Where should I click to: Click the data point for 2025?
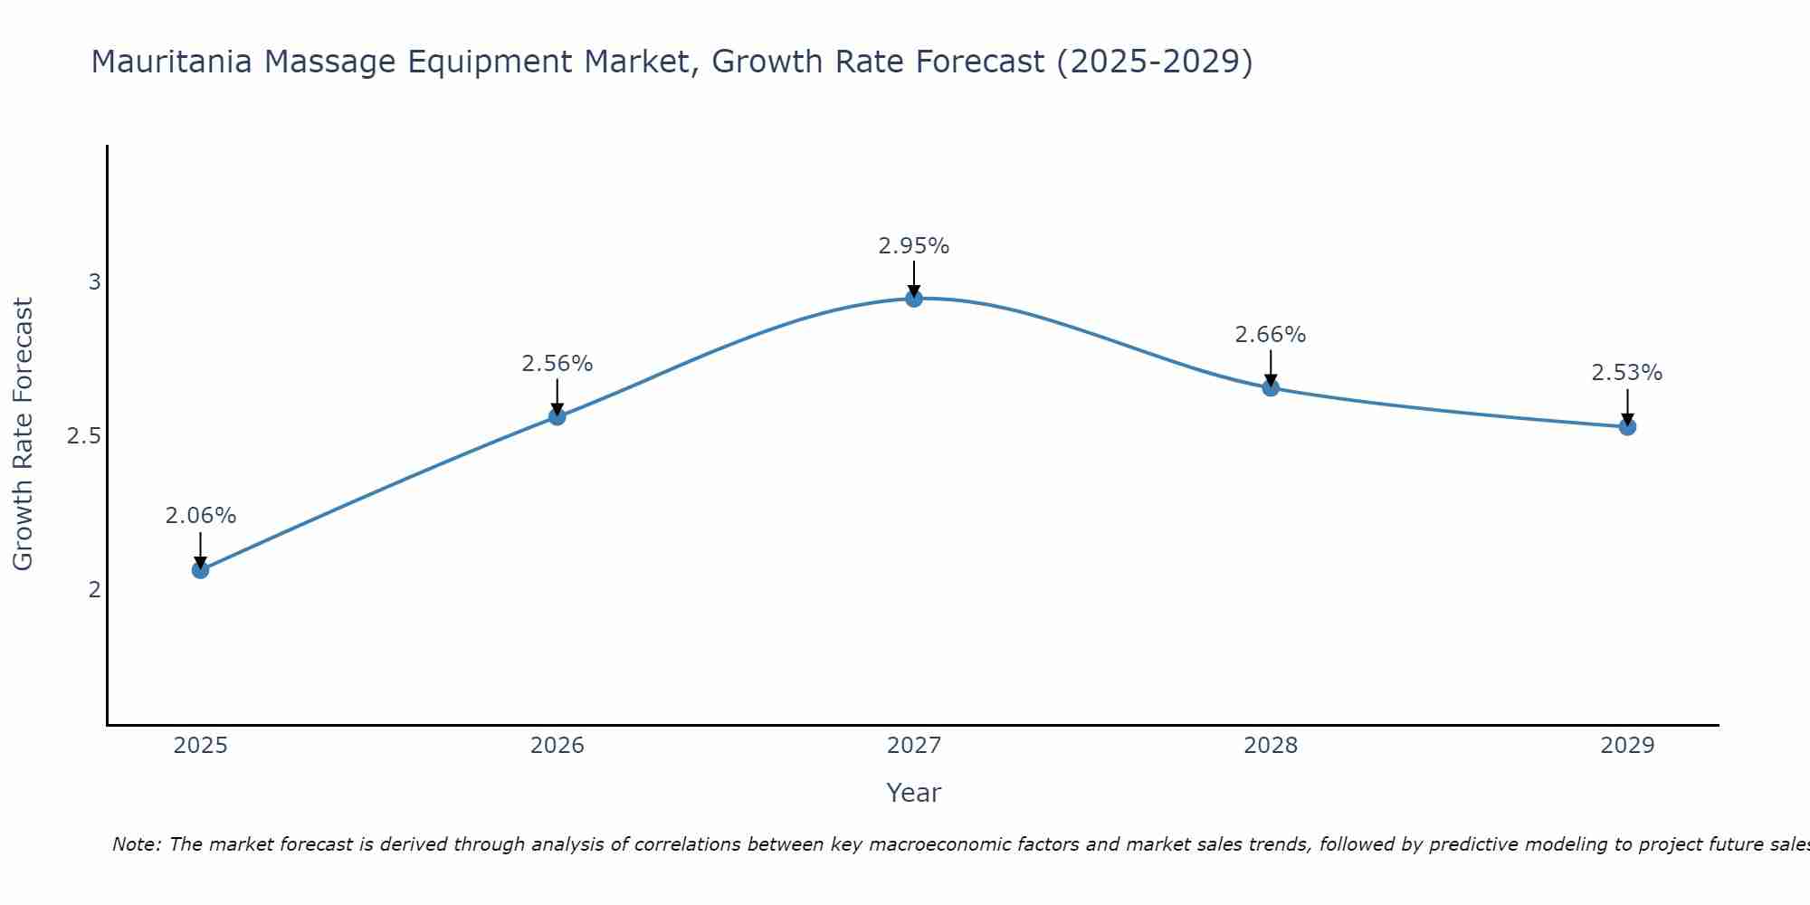200,570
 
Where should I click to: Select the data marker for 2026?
557,416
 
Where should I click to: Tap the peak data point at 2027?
914,299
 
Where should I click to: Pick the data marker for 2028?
1271,388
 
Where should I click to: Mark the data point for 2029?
1627,427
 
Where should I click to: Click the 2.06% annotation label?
200,516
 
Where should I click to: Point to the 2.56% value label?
557,364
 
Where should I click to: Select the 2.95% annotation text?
914,246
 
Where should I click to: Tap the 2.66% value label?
1271,335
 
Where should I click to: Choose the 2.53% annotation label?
1627,373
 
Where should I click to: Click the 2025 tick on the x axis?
200,746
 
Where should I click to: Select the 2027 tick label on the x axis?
914,746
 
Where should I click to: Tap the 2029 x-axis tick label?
1627,746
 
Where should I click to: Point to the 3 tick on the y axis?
94,282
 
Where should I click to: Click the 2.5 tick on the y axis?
83,436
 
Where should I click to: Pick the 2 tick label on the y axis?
94,590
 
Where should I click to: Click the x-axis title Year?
914,793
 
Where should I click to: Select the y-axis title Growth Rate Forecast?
24,434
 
